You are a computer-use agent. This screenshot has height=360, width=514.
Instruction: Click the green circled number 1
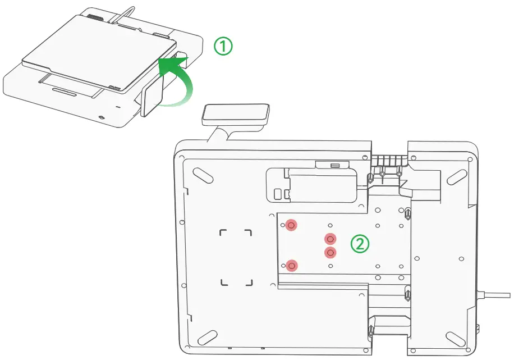pyautogui.click(x=223, y=47)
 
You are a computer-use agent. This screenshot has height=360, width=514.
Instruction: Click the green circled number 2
pyautogui.click(x=360, y=244)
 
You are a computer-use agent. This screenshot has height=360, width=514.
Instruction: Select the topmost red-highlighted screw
pyautogui.click(x=291, y=225)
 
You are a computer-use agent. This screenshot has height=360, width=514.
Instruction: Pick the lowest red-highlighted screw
pyautogui.click(x=291, y=265)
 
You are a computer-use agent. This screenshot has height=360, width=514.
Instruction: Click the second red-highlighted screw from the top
pyautogui.click(x=331, y=239)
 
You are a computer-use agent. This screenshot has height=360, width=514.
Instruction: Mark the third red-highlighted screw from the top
pyautogui.click(x=331, y=252)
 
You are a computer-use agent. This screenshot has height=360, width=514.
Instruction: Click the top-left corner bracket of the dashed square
pyautogui.click(x=224, y=233)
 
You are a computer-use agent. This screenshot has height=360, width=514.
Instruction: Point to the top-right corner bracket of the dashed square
pyautogui.click(x=247, y=233)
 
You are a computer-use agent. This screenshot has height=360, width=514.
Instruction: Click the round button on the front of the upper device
pyautogui.click(x=102, y=117)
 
